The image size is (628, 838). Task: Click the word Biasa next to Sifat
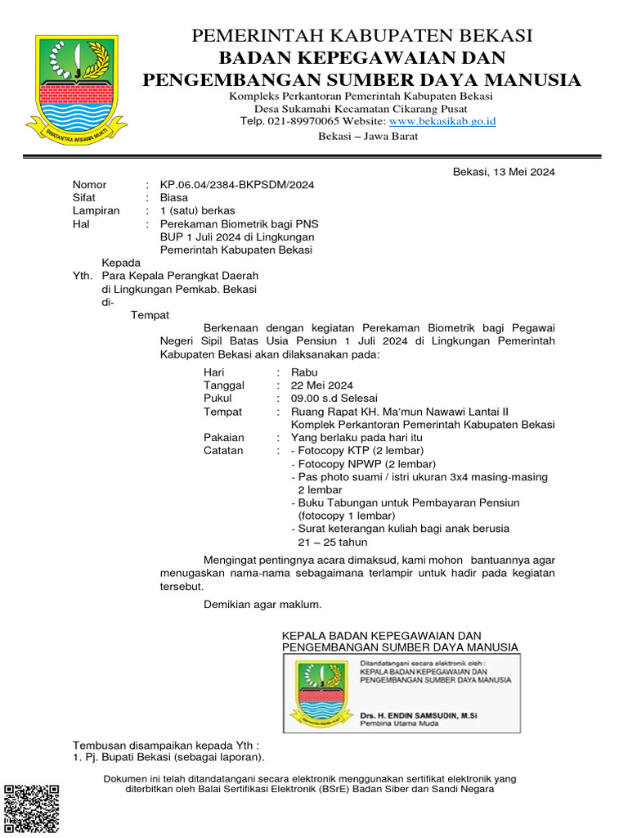tap(173, 198)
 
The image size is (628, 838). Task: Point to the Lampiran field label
tap(96, 211)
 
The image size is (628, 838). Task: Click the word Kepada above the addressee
tap(122, 263)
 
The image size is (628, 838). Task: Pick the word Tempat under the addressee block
tap(150, 315)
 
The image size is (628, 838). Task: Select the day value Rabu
tap(304, 372)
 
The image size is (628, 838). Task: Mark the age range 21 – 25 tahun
tap(332, 542)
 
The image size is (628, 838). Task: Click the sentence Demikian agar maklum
tap(262, 605)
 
